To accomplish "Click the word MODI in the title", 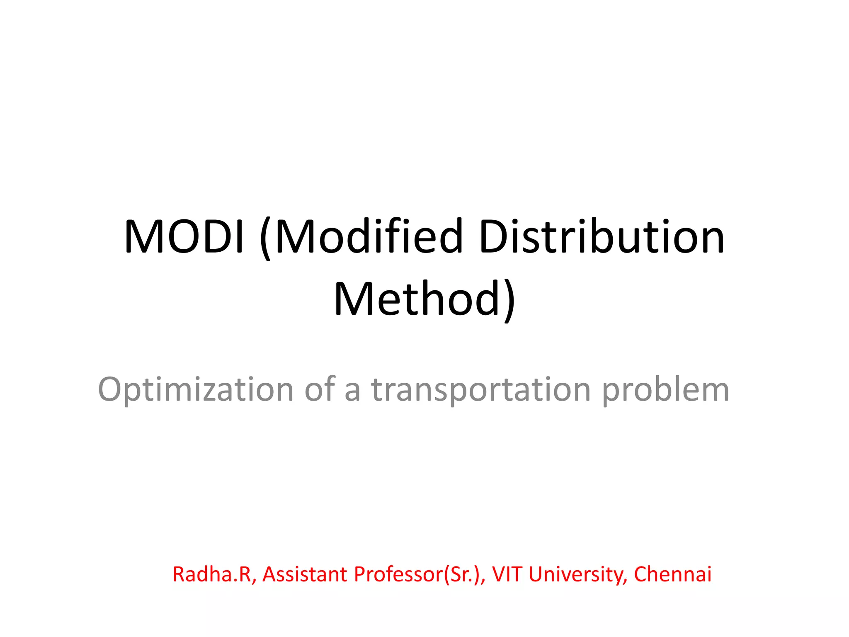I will point(184,236).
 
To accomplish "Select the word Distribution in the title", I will point(602,236).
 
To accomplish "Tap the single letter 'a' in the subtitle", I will point(352,391).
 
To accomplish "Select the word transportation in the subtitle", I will point(481,390).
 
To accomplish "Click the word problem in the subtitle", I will point(665,390).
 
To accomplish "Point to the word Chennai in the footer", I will point(672,574).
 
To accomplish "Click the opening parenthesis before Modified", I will point(266,238).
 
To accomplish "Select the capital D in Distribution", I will point(493,236).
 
